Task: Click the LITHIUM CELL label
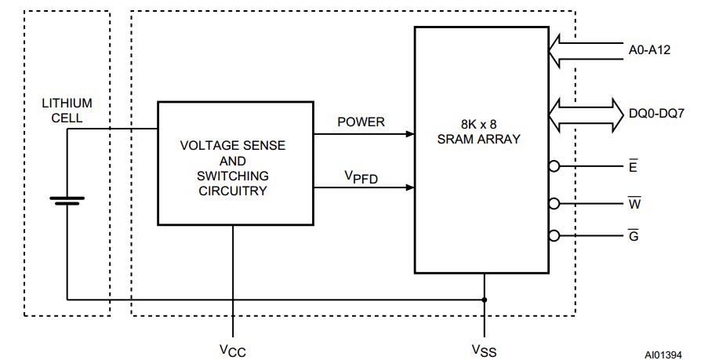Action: pyautogui.click(x=67, y=111)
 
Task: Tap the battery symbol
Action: pyautogui.click(x=67, y=201)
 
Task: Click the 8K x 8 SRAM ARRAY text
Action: pyautogui.click(x=481, y=131)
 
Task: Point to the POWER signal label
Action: pyautogui.click(x=361, y=122)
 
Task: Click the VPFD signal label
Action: pyautogui.click(x=361, y=177)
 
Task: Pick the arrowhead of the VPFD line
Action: pyautogui.click(x=409, y=187)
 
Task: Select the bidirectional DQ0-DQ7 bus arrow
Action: pyautogui.click(x=584, y=114)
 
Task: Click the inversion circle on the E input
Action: pyautogui.click(x=554, y=166)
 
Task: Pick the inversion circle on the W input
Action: pyautogui.click(x=554, y=203)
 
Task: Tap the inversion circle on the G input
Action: pyautogui.click(x=554, y=235)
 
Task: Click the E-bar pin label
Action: pyautogui.click(x=633, y=166)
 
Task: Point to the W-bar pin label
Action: pyautogui.click(x=634, y=203)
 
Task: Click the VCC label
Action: pyautogui.click(x=233, y=350)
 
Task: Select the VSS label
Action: pyautogui.click(x=484, y=350)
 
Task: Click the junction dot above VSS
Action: pyautogui.click(x=485, y=300)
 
